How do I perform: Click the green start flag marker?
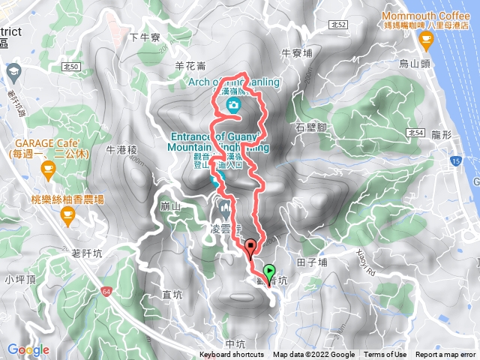269,272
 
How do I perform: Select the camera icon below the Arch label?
234,106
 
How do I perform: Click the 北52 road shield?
337,25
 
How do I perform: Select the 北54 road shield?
417,133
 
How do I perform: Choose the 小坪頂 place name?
19,279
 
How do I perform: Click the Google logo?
28,349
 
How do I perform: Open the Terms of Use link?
385,355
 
